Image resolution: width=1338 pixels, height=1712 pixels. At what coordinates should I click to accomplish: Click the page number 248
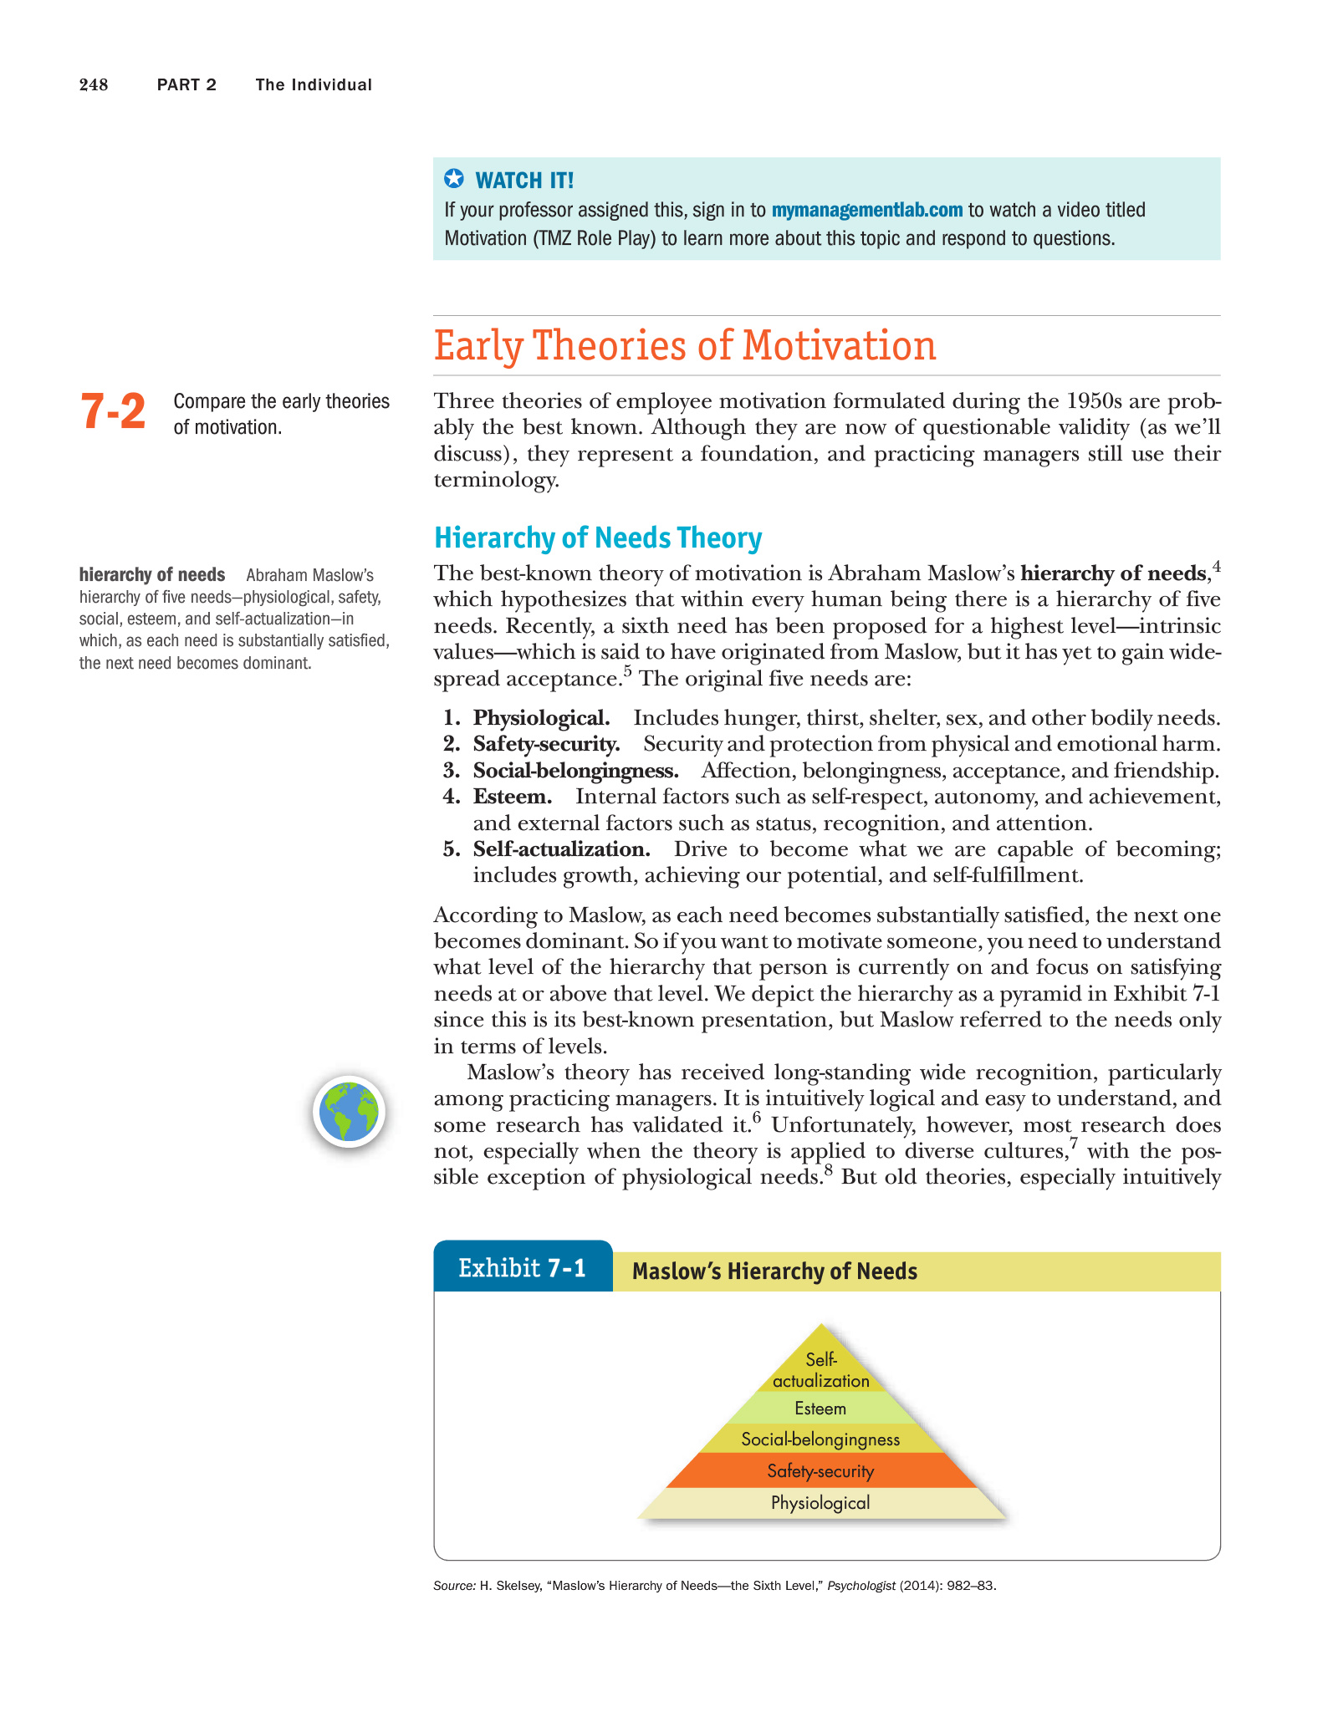coord(94,84)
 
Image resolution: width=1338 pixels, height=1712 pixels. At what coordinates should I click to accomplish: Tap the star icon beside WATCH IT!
coord(453,179)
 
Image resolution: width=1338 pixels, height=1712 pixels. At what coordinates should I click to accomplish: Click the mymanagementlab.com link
coord(866,210)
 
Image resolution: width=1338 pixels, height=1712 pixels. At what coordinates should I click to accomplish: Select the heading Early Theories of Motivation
coord(684,346)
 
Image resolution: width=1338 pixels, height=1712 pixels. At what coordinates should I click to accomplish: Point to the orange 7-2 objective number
coord(113,412)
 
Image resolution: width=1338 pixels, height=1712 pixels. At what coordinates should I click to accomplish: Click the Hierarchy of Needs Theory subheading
coord(598,538)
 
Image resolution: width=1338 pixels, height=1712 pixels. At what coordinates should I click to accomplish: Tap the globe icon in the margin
coord(350,1112)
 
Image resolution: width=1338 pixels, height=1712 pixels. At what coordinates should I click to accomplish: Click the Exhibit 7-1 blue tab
coord(523,1268)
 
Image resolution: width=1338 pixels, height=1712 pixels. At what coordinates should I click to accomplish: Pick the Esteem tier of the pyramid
coord(820,1409)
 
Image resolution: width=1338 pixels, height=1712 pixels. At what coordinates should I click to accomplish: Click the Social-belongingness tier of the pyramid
coord(820,1439)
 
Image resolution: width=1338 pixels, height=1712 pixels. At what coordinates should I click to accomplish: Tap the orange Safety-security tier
coord(820,1471)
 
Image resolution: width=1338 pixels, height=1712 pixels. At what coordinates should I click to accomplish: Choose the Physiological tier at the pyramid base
coord(820,1503)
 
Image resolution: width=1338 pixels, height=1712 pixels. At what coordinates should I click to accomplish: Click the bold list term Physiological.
coord(541,718)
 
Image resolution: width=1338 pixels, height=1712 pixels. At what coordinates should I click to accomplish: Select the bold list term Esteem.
coord(512,797)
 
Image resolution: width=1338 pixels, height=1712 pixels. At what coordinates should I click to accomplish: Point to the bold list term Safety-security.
coord(546,744)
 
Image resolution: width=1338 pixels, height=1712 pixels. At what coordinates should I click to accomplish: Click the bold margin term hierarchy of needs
coord(152,575)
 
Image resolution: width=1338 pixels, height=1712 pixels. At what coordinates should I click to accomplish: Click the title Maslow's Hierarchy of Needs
coord(774,1271)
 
